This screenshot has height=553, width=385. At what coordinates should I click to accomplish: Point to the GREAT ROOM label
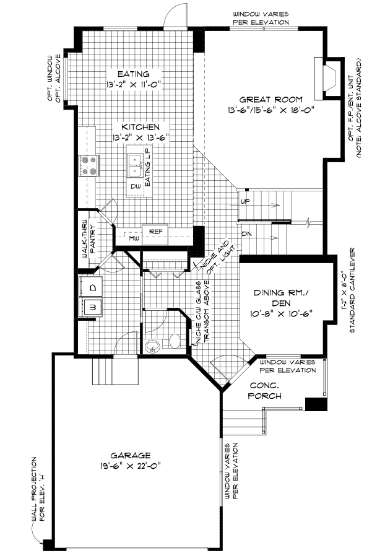tap(271, 100)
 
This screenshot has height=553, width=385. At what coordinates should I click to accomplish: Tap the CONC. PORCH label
tap(266, 390)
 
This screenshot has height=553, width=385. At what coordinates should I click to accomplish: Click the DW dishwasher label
tap(135, 186)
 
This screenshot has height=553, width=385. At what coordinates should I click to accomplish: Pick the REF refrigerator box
tap(155, 232)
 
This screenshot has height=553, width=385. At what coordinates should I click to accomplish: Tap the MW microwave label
tap(133, 237)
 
